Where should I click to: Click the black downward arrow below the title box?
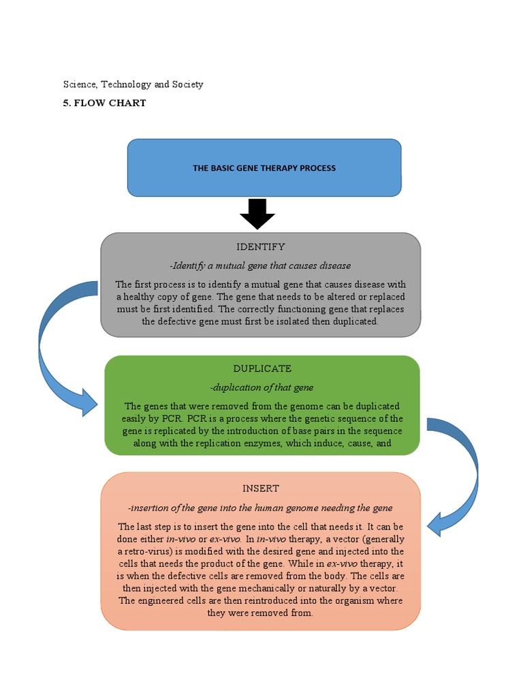pyautogui.click(x=257, y=214)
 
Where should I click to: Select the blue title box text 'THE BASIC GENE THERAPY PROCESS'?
pyautogui.click(x=264, y=168)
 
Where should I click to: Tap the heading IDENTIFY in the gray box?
pyautogui.click(x=261, y=246)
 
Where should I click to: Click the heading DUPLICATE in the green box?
pyautogui.click(x=262, y=368)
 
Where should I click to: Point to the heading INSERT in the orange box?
pyautogui.click(x=261, y=489)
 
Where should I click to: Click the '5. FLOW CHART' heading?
pyautogui.click(x=104, y=103)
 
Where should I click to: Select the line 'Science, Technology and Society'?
pyautogui.click(x=133, y=84)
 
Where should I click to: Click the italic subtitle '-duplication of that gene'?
pyautogui.click(x=262, y=387)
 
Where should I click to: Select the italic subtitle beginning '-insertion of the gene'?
pyautogui.click(x=261, y=508)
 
